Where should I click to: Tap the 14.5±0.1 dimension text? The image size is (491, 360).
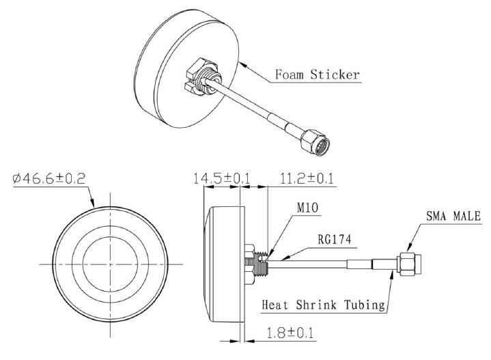click(221, 179)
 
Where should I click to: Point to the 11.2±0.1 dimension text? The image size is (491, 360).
click(307, 179)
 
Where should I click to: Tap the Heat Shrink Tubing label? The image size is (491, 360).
click(323, 303)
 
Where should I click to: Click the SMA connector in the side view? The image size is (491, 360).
click(408, 264)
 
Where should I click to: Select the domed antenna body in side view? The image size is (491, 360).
click(223, 263)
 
